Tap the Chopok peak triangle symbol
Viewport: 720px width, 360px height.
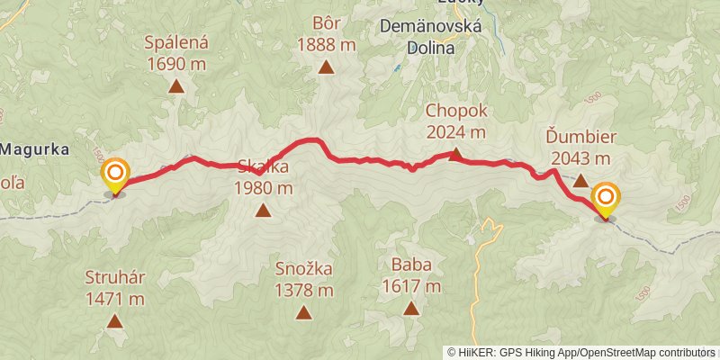455,154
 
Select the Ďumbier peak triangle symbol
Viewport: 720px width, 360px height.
580,180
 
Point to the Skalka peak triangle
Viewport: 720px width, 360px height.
263,211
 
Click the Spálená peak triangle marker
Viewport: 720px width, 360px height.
176,86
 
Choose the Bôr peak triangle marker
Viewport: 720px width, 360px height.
325,67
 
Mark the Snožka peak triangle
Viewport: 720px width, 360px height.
304,312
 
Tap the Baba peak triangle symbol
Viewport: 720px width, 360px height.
411,309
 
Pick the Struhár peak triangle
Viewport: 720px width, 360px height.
114,320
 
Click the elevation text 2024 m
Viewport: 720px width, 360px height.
455,132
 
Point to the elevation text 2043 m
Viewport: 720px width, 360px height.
580,158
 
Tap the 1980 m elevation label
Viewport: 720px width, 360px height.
263,188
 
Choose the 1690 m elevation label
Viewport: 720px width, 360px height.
176,64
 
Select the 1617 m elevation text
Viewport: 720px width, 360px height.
411,287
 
